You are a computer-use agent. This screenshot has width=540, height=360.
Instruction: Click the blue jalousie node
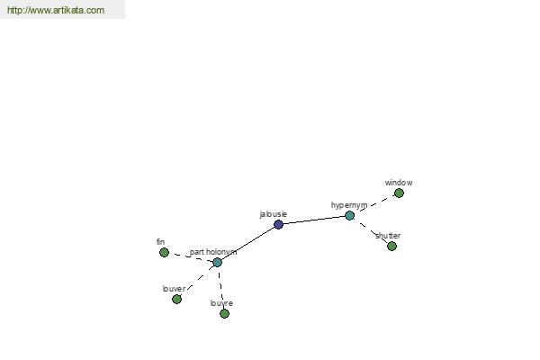pyautogui.click(x=278, y=225)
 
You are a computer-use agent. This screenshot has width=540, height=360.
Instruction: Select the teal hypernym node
pyautogui.click(x=349, y=216)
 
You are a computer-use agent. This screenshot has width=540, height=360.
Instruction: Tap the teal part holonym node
pyautogui.click(x=217, y=263)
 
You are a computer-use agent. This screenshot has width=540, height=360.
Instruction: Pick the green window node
pyautogui.click(x=399, y=193)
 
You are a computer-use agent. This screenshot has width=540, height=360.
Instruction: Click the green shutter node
pyautogui.click(x=391, y=247)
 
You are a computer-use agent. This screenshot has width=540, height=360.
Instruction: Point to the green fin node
pyautogui.click(x=165, y=253)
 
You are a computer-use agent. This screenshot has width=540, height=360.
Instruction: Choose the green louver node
pyautogui.click(x=176, y=299)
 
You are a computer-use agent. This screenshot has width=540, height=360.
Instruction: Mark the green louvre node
pyautogui.click(x=224, y=313)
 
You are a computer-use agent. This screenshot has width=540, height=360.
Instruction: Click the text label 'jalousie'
pyautogui.click(x=273, y=214)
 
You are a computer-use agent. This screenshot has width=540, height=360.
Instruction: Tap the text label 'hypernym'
pyautogui.click(x=349, y=205)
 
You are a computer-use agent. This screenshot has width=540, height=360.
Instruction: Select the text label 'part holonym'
pyautogui.click(x=213, y=252)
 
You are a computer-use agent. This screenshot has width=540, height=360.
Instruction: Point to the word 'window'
pyautogui.click(x=399, y=183)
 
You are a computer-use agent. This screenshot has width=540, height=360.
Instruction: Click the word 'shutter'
pyautogui.click(x=388, y=236)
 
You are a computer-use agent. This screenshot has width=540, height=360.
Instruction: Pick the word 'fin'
pyautogui.click(x=160, y=242)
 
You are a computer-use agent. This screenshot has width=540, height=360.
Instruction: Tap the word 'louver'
pyautogui.click(x=174, y=289)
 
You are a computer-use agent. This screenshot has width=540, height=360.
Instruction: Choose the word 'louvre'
pyautogui.click(x=221, y=303)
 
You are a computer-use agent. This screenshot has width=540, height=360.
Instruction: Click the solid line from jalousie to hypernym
pyautogui.click(x=314, y=220)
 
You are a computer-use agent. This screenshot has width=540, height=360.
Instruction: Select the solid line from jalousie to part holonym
pyautogui.click(x=247, y=244)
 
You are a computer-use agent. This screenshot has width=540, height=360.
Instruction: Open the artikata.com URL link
pyautogui.click(x=56, y=10)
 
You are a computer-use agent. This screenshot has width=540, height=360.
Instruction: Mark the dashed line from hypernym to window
pyautogui.click(x=374, y=204)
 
